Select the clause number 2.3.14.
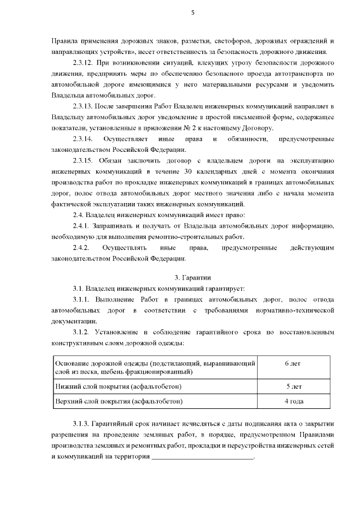pos(85,138)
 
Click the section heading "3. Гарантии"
pos(192,277)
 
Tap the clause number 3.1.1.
pos(82,299)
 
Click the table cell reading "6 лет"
pos(293,363)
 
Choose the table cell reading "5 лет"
pos(293,386)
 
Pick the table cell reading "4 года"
pos(293,402)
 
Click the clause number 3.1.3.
pos(82,423)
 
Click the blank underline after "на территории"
pos(202,456)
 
